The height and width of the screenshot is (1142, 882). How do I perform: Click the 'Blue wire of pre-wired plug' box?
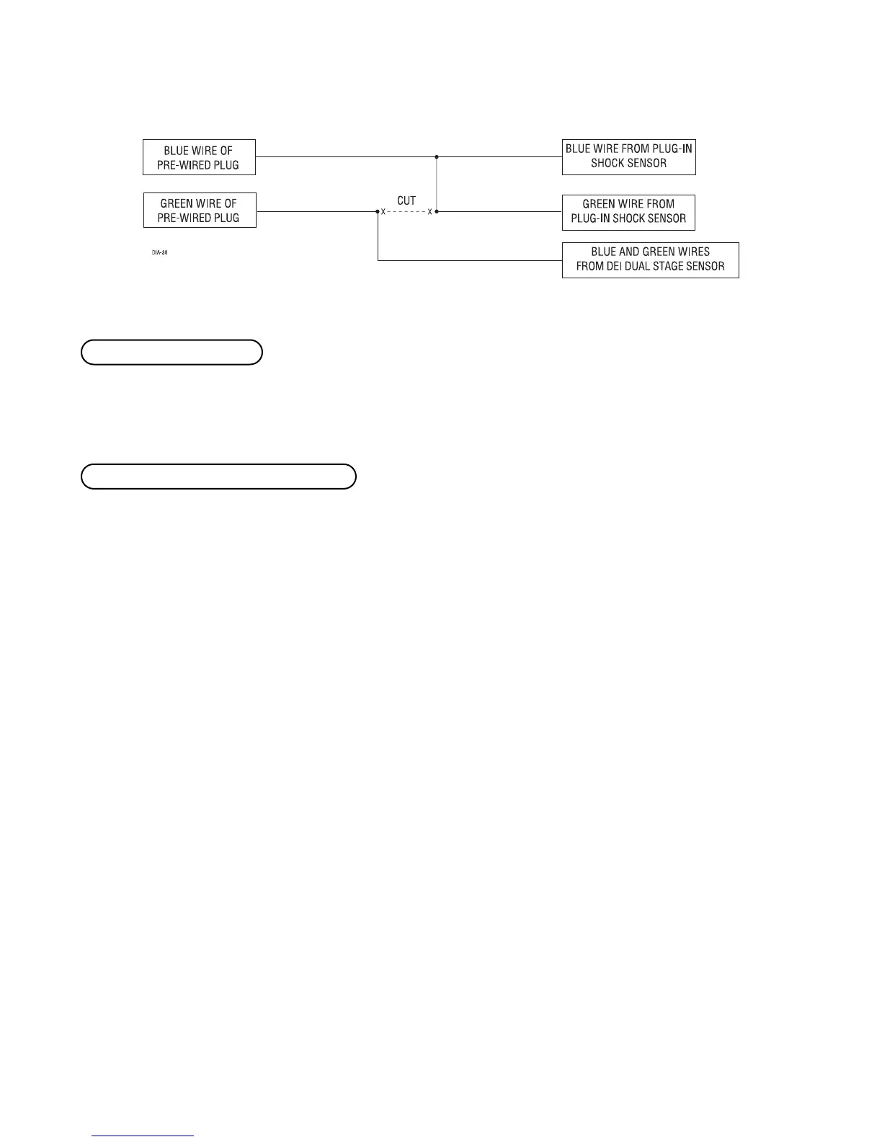click(200, 157)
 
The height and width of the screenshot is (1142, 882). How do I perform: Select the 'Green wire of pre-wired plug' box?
click(200, 211)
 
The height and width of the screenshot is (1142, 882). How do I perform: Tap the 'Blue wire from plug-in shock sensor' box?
click(628, 156)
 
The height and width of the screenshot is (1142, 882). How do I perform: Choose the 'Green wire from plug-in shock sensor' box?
click(628, 211)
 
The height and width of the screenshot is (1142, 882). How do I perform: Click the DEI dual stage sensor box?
click(650, 260)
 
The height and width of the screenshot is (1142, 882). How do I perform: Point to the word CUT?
click(406, 200)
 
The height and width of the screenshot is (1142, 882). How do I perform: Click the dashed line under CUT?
click(406, 212)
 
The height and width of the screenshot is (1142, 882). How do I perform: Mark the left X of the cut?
click(383, 212)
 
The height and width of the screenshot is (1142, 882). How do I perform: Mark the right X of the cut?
click(429, 212)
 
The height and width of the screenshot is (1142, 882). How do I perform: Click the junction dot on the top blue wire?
click(437, 156)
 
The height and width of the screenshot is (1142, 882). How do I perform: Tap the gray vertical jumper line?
click(437, 184)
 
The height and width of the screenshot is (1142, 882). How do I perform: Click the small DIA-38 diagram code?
click(159, 253)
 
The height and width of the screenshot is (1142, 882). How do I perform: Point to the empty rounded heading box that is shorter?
click(171, 353)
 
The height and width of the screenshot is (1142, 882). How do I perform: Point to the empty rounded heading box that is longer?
click(218, 477)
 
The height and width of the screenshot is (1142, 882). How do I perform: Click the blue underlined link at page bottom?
click(143, 1136)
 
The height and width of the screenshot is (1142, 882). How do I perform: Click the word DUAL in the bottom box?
click(644, 266)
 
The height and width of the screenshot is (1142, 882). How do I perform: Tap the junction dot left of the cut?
click(378, 212)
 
